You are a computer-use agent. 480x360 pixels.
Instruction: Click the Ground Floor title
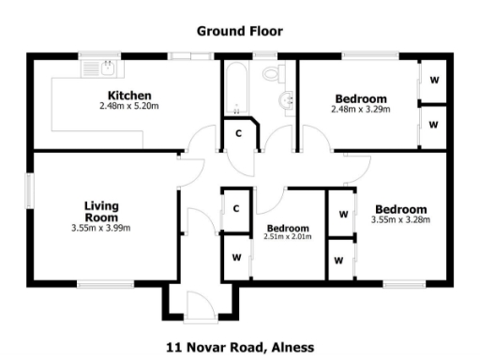coord(239,31)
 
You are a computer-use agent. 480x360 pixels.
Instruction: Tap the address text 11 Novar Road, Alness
coord(239,345)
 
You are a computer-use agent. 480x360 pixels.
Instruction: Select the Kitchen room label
coord(129,96)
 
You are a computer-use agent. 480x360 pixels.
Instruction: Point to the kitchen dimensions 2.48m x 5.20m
coord(129,107)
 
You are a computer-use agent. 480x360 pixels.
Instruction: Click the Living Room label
coord(100,211)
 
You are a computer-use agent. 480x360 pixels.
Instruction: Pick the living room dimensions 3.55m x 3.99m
coord(100,228)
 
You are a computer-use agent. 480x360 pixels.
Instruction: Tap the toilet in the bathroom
coord(273,72)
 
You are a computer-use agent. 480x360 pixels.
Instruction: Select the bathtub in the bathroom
coord(234,88)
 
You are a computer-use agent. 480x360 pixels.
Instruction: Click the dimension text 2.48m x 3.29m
coord(360,110)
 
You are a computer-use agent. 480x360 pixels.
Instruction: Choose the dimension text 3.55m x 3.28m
coord(399,220)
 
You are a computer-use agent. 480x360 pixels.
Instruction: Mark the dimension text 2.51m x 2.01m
coord(288,237)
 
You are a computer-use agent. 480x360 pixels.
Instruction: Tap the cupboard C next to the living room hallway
coord(235,208)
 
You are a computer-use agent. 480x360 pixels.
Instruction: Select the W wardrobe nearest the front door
coord(235,255)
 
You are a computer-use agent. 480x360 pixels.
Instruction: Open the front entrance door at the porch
coord(199,307)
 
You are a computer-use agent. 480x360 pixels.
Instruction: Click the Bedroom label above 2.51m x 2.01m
coord(288,228)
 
